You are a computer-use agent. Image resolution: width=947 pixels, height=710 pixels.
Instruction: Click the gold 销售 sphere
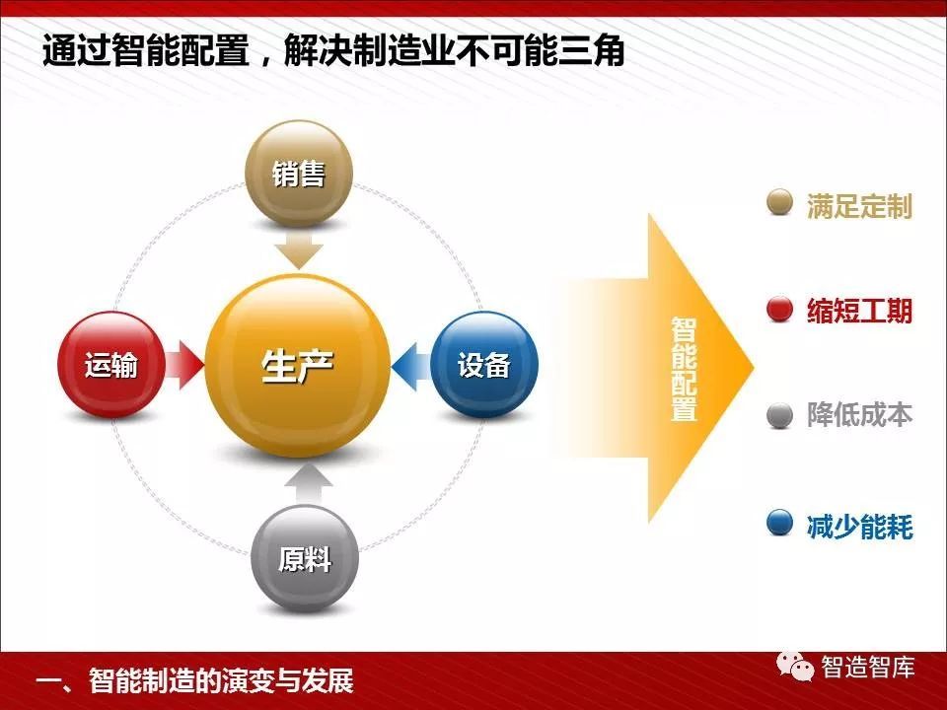(x=298, y=174)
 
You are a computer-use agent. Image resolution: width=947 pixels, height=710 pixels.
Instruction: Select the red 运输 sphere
(x=111, y=365)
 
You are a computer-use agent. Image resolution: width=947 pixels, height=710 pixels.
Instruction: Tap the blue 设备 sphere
(x=484, y=365)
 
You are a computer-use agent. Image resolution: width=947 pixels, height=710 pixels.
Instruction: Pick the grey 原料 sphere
(x=305, y=558)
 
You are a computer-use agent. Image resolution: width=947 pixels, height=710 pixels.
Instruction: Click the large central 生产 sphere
(x=297, y=366)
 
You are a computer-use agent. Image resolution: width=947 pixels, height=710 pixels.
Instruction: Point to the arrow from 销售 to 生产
(x=299, y=249)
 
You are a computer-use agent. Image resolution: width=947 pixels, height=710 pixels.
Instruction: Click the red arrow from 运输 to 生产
(x=184, y=365)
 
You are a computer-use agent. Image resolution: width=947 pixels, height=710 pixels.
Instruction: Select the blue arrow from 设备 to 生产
(x=411, y=366)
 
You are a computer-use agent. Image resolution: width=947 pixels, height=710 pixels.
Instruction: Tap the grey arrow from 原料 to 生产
(x=309, y=484)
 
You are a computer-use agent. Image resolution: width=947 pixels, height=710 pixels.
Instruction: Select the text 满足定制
(x=859, y=206)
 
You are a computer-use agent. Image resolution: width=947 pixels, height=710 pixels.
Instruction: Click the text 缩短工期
(x=859, y=311)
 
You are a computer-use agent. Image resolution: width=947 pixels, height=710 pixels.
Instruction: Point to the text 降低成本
(x=859, y=415)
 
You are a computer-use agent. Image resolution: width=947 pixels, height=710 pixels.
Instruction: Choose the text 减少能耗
(x=859, y=526)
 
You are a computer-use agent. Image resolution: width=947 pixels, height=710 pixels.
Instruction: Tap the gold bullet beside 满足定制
(x=779, y=202)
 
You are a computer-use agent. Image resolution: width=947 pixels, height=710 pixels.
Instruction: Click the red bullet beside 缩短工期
(x=779, y=310)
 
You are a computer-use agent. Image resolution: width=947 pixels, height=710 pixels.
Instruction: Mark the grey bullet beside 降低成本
(x=779, y=415)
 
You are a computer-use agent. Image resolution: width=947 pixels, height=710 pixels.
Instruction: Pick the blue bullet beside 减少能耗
(x=779, y=523)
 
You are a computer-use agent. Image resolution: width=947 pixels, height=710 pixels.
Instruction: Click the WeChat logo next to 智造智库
(x=795, y=666)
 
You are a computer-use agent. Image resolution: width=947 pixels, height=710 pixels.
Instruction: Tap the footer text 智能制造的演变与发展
(x=221, y=680)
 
